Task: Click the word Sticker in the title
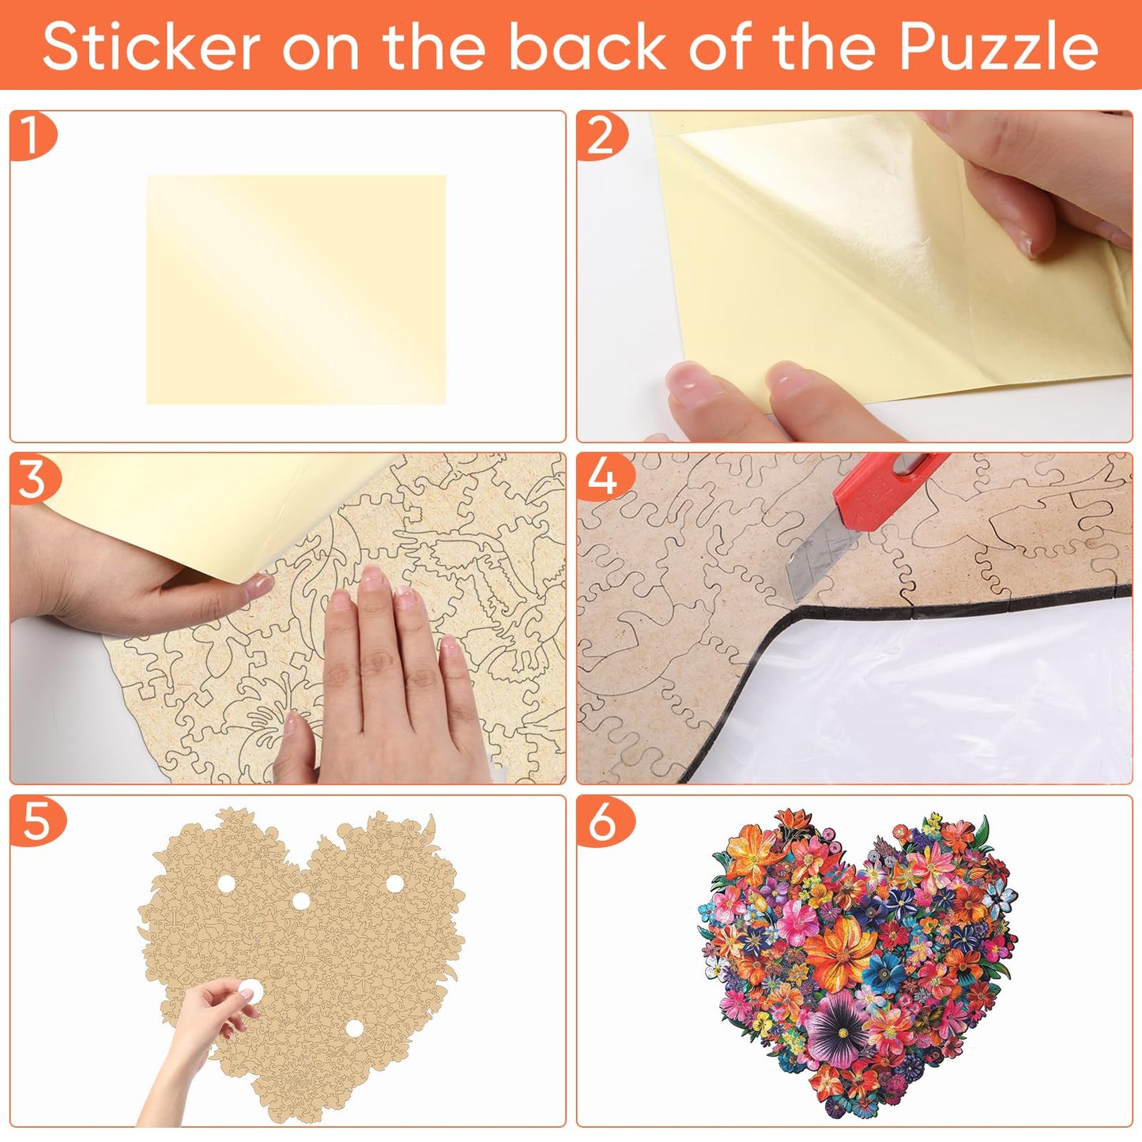coord(151,47)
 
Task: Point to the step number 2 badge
coord(600,136)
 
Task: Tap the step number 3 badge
coord(32,479)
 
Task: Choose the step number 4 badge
coord(602,478)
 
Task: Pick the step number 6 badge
coord(602,822)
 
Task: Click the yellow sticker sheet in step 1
coord(296,289)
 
